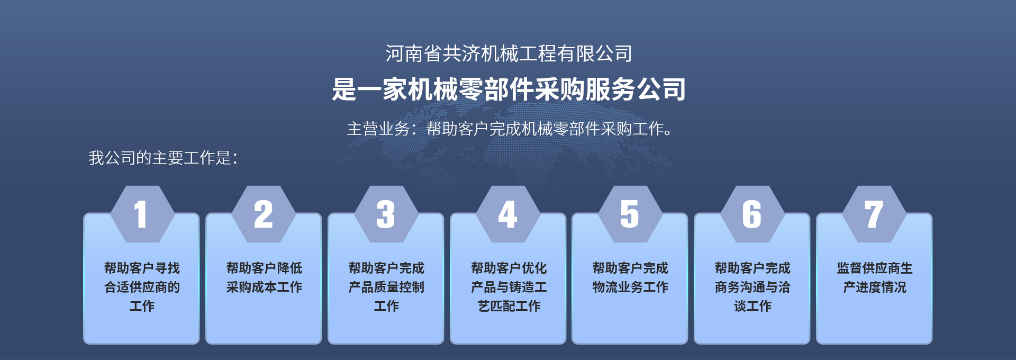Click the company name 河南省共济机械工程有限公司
pyautogui.click(x=509, y=53)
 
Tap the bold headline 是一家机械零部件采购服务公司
pyautogui.click(x=509, y=89)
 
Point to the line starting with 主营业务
pyautogui.click(x=510, y=129)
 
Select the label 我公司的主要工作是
pyautogui.click(x=163, y=158)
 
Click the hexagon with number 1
pyautogui.click(x=142, y=214)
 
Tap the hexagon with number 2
pyautogui.click(x=264, y=214)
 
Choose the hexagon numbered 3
pyautogui.click(x=386, y=214)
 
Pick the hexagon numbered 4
pyautogui.click(x=508, y=214)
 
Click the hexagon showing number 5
pyautogui.click(x=630, y=214)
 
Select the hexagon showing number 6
pyautogui.click(x=752, y=214)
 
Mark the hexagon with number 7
pyautogui.click(x=874, y=214)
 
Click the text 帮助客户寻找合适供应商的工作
pyautogui.click(x=142, y=287)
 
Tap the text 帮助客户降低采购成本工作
pyautogui.click(x=264, y=277)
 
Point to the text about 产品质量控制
pyautogui.click(x=386, y=287)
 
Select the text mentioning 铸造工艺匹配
pyautogui.click(x=509, y=287)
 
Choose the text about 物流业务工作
pyautogui.click(x=630, y=277)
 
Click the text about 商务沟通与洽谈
pyautogui.click(x=752, y=287)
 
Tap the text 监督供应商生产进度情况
pyautogui.click(x=875, y=277)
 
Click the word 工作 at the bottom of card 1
pyautogui.click(x=142, y=306)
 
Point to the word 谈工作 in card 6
pyautogui.click(x=752, y=306)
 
